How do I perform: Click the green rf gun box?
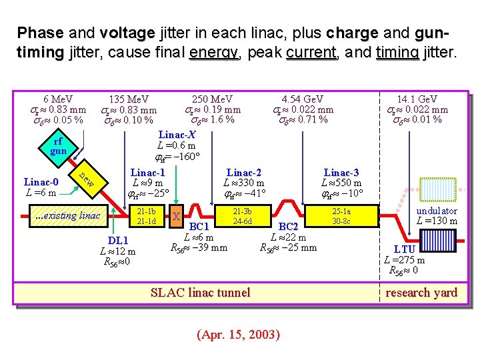[x=58, y=147]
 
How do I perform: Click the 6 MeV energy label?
[x=58, y=99]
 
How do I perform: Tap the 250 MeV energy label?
[x=212, y=99]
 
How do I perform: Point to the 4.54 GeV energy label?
[x=303, y=99]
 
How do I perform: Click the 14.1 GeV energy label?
[x=417, y=99]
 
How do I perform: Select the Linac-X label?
[x=177, y=135]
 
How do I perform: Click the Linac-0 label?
[x=41, y=181]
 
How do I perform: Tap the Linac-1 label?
[x=147, y=172]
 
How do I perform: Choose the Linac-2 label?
[x=244, y=172]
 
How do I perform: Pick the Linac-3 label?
[x=341, y=172]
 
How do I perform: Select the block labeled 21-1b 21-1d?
[x=145, y=216]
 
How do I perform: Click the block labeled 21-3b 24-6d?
[x=241, y=216]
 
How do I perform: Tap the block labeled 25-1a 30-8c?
[x=341, y=216]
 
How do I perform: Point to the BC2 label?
[x=288, y=227]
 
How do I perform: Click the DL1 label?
[x=117, y=240]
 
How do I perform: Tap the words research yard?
[x=421, y=292]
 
